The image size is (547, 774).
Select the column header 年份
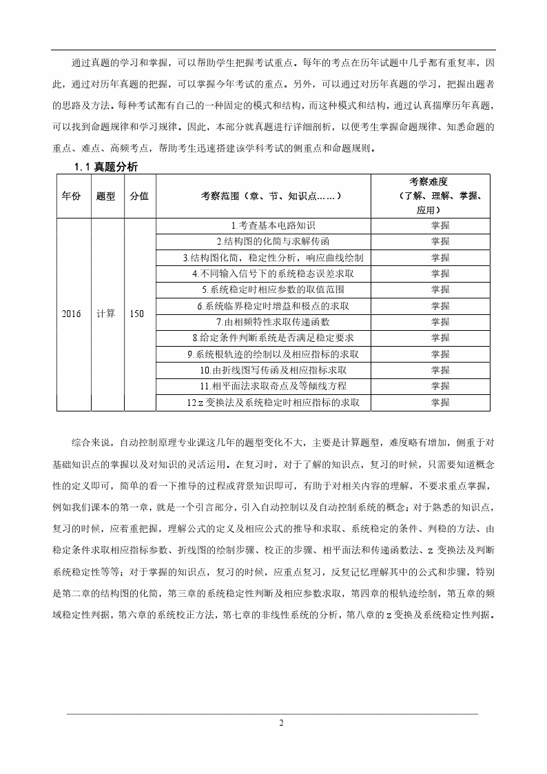click(x=71, y=196)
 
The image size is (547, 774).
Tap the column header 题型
click(x=106, y=196)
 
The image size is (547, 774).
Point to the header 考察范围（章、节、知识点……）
click(x=263, y=196)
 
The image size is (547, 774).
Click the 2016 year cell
click(x=71, y=314)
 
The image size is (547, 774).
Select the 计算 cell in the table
click(x=106, y=314)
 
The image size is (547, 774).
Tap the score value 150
click(x=137, y=314)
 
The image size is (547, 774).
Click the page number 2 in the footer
click(x=280, y=723)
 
